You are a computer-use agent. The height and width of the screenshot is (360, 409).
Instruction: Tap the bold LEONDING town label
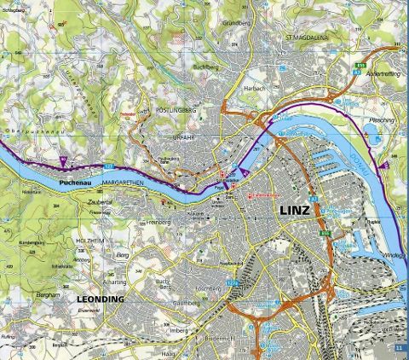[101, 299]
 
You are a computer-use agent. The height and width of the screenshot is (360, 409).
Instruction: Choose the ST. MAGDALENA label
[310, 38]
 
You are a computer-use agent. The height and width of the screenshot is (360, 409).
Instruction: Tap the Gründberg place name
[233, 24]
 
